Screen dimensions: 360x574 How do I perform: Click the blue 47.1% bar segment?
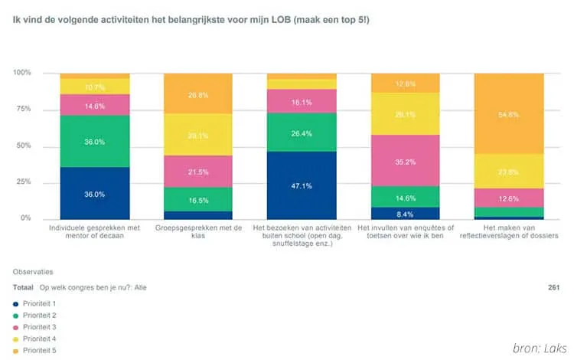[x=302, y=185]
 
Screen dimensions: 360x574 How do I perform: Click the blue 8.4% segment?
[x=405, y=214]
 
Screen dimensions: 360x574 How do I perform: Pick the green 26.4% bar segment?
[x=302, y=133]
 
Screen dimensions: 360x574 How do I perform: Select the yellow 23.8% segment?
[x=509, y=172]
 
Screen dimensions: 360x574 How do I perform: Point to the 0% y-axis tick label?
[x=24, y=219]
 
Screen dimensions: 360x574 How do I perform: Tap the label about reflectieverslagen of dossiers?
[x=509, y=233]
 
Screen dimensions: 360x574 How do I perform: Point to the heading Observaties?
[x=33, y=271]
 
